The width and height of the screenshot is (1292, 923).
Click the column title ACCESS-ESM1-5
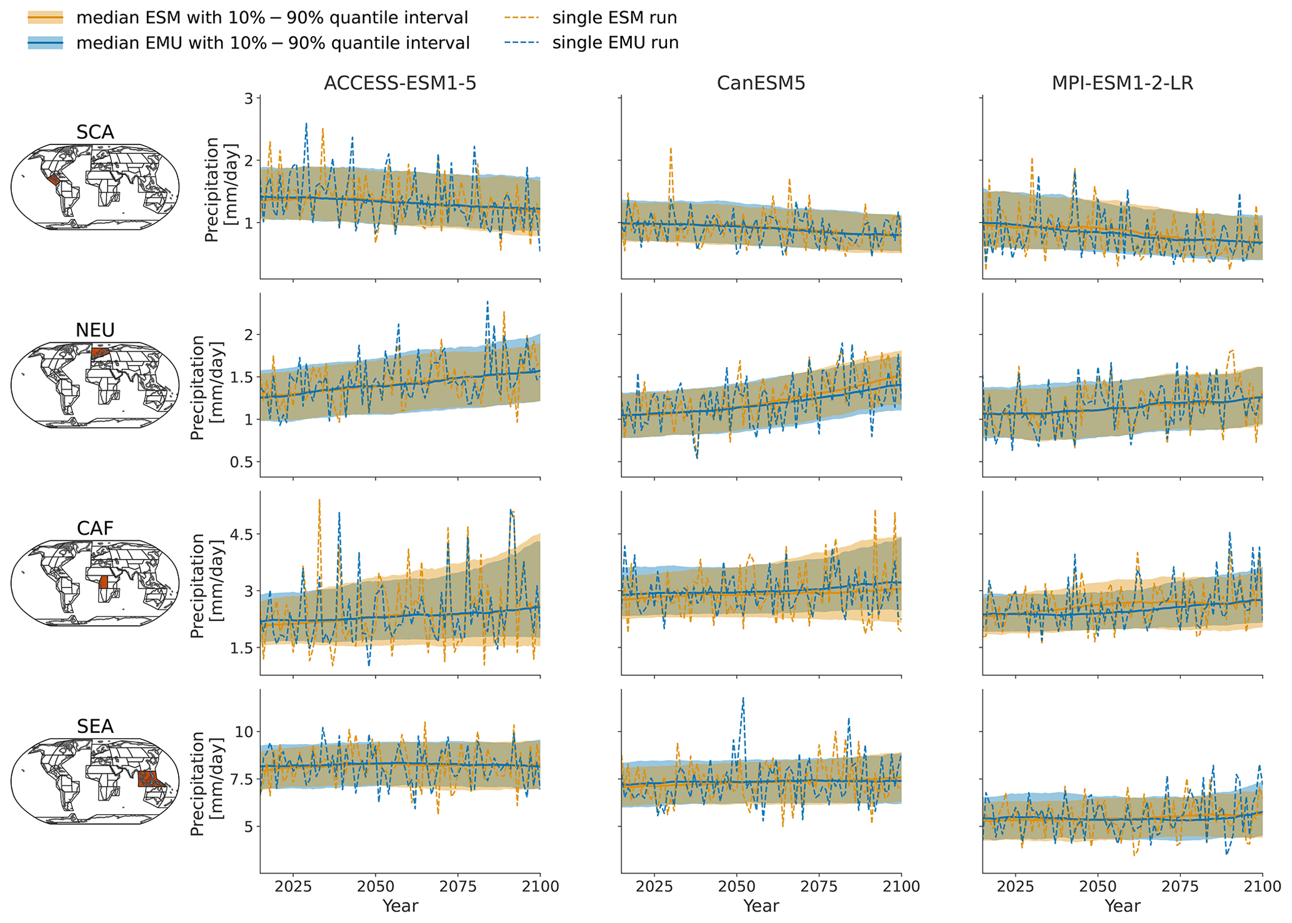coord(400,84)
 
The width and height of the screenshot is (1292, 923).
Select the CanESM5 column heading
coord(761,84)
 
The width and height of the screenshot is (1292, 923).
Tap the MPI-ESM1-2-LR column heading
coord(1123,84)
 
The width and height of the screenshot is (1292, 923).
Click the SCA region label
coord(95,133)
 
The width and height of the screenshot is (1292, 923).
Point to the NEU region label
coord(95,330)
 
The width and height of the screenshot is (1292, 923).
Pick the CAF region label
coord(95,528)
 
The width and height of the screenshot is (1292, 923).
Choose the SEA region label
coord(95,726)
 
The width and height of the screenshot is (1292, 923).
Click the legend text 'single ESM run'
coord(614,18)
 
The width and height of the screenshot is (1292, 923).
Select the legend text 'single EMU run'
coord(615,43)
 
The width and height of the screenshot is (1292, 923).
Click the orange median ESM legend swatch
coord(45,18)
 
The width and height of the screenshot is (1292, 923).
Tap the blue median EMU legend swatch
coord(45,43)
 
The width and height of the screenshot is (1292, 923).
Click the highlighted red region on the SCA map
coord(54,179)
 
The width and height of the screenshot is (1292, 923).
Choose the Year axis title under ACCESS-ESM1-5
coord(400,906)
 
